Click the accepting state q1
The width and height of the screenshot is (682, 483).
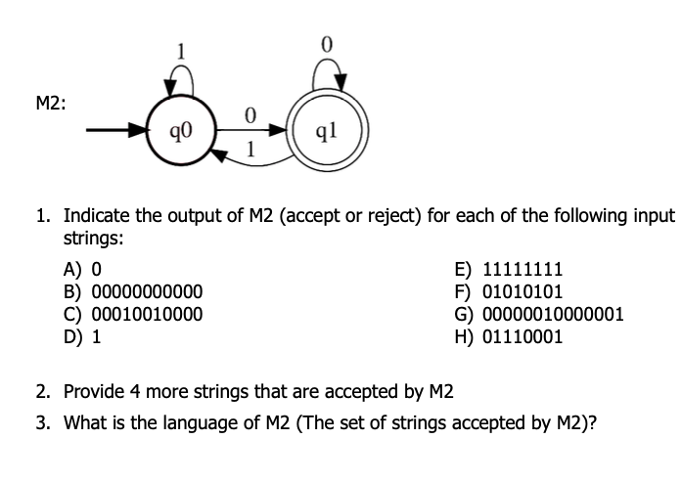tap(328, 128)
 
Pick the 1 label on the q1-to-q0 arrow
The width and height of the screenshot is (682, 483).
tap(250, 151)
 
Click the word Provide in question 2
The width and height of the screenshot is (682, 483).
tap(93, 392)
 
